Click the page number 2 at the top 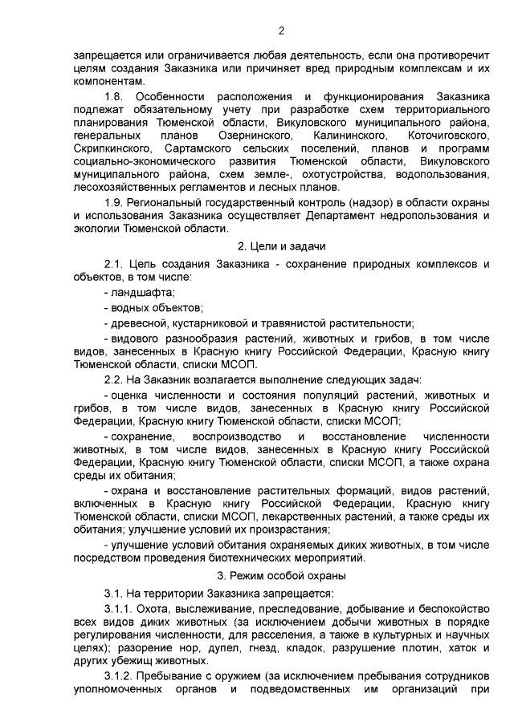[280, 31]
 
